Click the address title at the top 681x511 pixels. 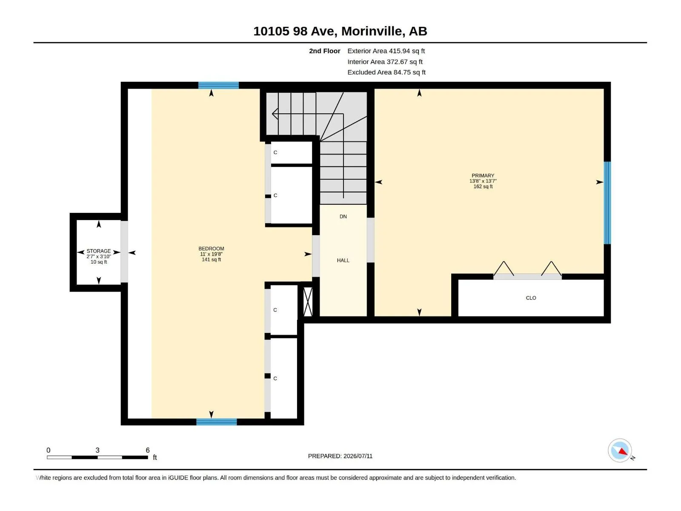tap(340, 31)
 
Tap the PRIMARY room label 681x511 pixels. tap(483, 175)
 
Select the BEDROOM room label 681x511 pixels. tap(211, 249)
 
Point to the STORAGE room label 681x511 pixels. tap(99, 251)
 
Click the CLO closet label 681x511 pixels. tap(531, 298)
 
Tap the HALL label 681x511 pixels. tap(343, 260)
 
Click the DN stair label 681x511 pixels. tap(343, 217)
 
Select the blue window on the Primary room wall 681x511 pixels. tap(607, 203)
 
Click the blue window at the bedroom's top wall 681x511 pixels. tap(218, 85)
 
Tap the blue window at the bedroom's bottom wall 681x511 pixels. tap(217, 422)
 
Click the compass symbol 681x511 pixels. tap(620, 451)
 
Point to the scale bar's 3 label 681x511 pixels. tap(97, 450)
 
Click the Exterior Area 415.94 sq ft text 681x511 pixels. tap(386, 51)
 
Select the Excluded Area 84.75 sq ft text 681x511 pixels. tap(386, 72)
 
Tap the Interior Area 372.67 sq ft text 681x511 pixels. tap(385, 62)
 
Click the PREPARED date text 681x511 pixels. tap(340, 456)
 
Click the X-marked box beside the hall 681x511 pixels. tap(308, 302)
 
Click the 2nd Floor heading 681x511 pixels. tap(324, 51)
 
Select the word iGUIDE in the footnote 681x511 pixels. tap(178, 478)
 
